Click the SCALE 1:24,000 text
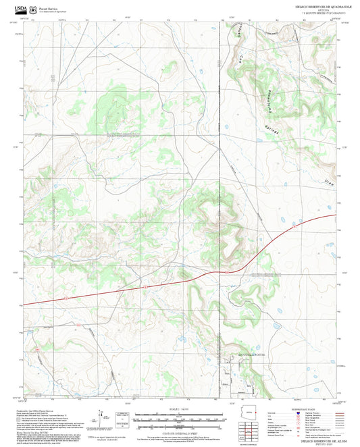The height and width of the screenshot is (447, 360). (180, 409)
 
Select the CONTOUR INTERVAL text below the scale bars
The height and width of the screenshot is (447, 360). (180, 432)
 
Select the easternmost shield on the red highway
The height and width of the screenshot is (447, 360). (294, 229)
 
